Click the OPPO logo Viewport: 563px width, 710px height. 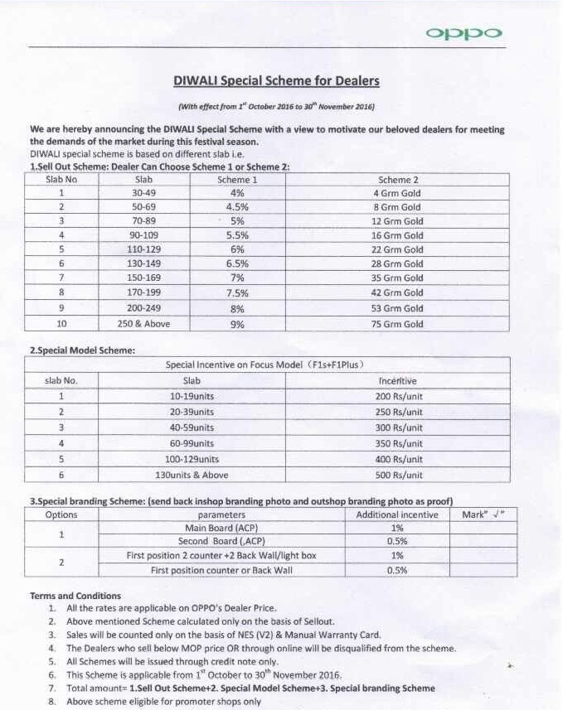coord(464,33)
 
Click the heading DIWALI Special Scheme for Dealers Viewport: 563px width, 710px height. coord(276,81)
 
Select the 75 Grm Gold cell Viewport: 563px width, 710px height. coord(398,324)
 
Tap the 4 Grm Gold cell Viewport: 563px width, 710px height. coord(398,193)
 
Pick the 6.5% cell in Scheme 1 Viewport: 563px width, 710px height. coord(237,264)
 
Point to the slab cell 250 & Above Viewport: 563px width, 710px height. coord(143,324)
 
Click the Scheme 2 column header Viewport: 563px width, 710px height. coord(398,179)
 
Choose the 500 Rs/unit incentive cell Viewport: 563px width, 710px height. coord(398,476)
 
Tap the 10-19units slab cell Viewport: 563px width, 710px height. coord(192,396)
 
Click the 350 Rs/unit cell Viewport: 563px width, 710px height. coord(398,443)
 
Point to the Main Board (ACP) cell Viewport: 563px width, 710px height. coord(221,528)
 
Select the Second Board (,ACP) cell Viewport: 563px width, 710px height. coord(221,542)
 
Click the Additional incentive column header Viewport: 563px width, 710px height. coord(397,514)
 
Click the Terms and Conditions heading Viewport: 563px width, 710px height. coord(75,596)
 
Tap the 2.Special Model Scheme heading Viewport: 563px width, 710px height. coord(82,350)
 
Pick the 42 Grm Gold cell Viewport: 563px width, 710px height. coord(398,292)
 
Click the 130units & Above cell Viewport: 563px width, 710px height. coord(192,476)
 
